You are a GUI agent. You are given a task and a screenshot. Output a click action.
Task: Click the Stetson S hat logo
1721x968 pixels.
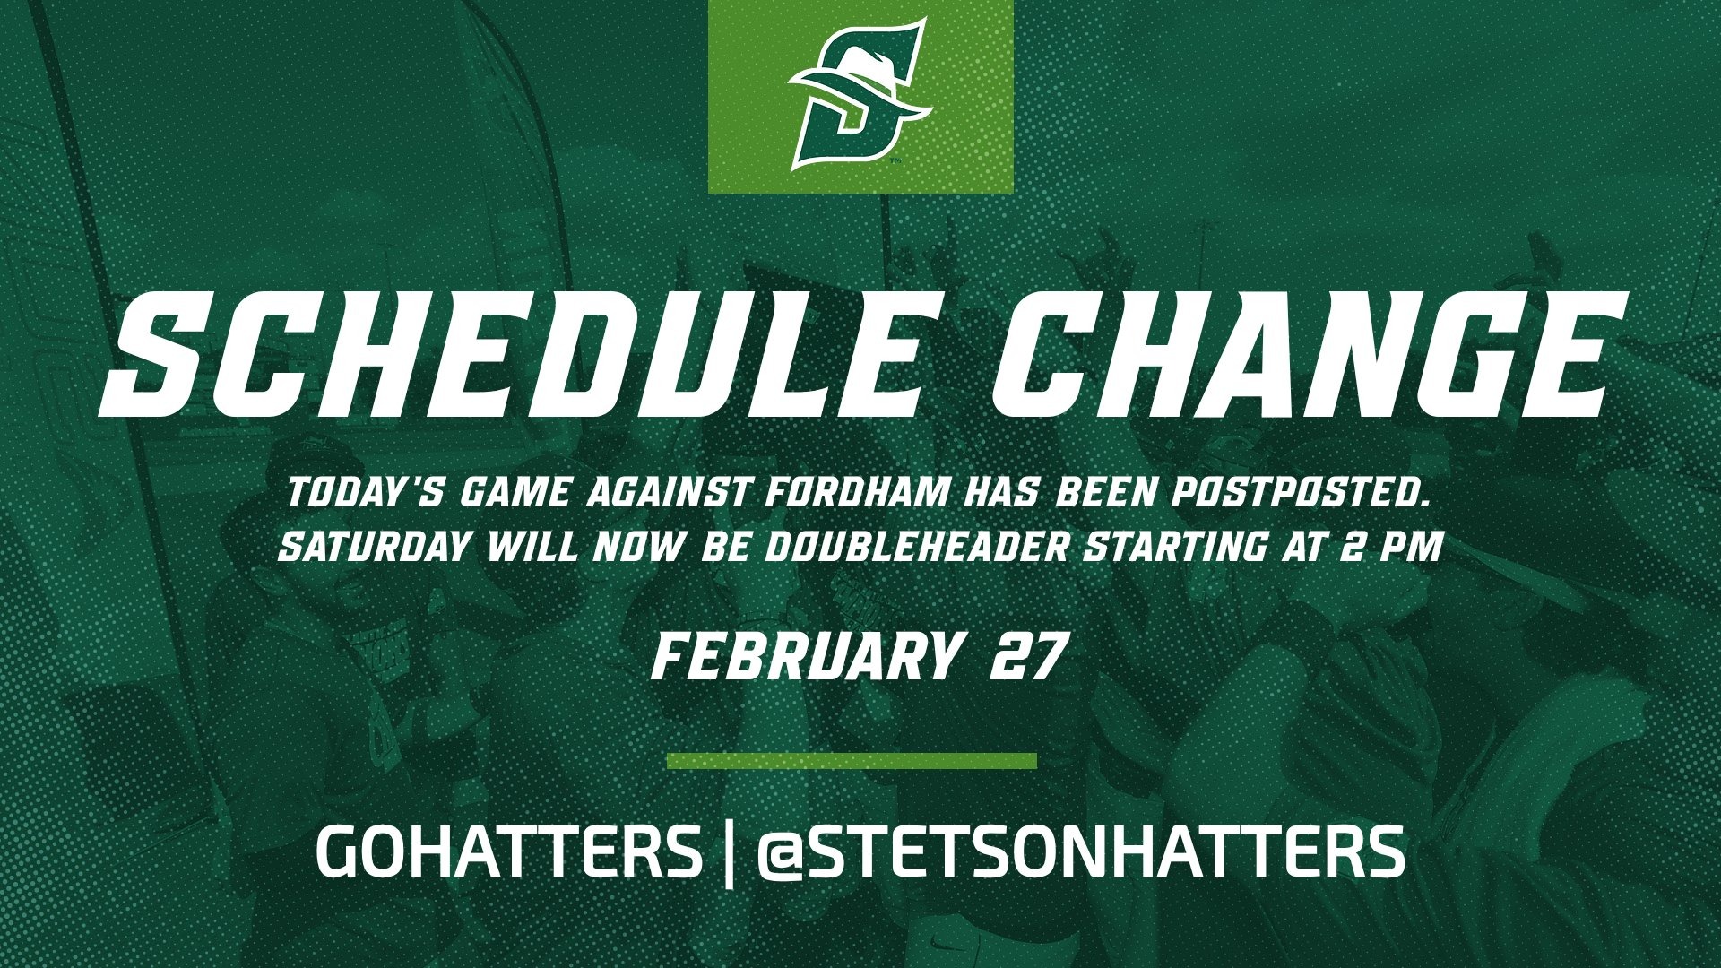pyautogui.click(x=860, y=96)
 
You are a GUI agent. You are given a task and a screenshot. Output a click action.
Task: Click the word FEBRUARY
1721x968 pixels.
pyautogui.click(x=803, y=658)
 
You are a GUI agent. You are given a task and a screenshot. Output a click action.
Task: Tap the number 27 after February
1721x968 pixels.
pyautogui.click(x=1028, y=658)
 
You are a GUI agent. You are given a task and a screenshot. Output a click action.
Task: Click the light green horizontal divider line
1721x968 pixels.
pyautogui.click(x=852, y=761)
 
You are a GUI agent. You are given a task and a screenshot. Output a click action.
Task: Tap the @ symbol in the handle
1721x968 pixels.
pyautogui.click(x=783, y=854)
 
